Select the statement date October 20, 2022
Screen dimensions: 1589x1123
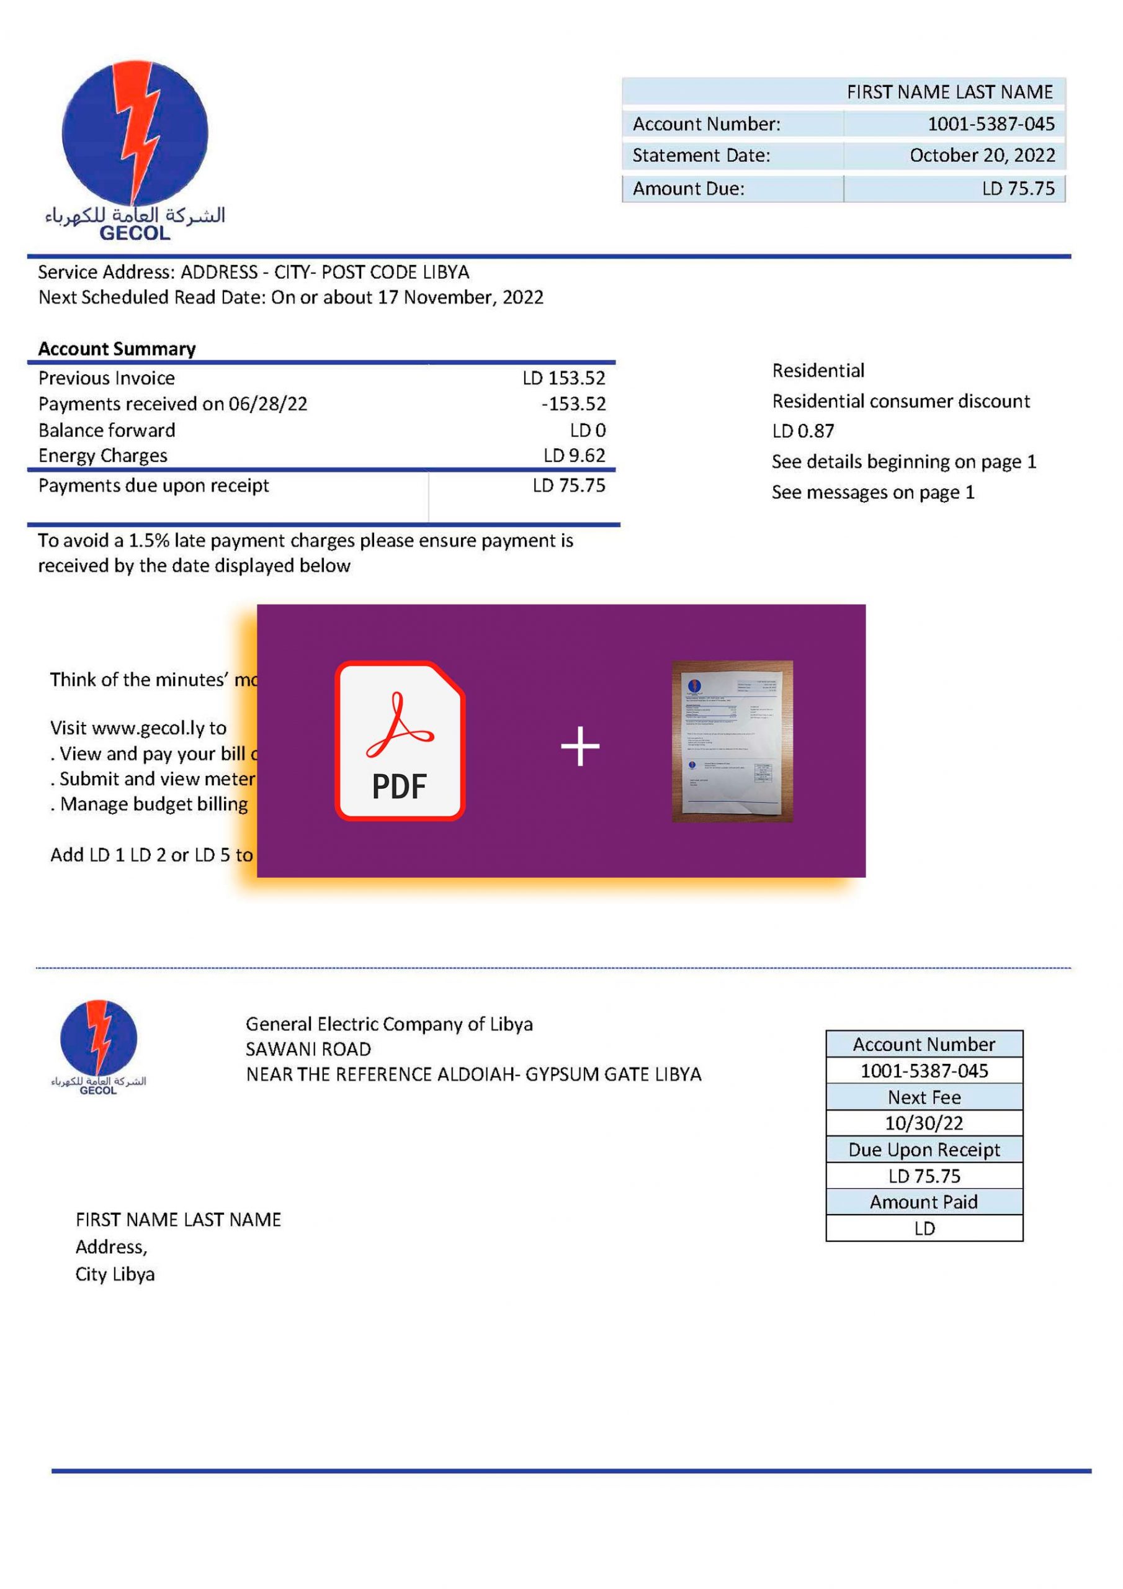982,156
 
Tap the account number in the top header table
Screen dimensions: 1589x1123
990,124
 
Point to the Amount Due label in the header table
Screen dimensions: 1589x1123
688,188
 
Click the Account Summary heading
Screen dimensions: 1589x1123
117,348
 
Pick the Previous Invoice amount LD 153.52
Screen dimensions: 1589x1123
563,378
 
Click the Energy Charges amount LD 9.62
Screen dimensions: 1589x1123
574,456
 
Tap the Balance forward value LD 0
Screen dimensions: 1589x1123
588,430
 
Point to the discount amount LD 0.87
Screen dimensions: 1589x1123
803,431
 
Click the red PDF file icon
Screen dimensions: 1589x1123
399,740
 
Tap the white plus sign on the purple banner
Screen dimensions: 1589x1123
580,746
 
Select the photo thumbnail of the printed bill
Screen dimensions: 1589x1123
732,741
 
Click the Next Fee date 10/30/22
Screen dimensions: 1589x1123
924,1123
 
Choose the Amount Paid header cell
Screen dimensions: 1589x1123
924,1202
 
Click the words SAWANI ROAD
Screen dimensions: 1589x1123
308,1049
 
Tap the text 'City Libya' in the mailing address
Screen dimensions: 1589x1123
115,1274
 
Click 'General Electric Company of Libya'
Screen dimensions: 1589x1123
389,1024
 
